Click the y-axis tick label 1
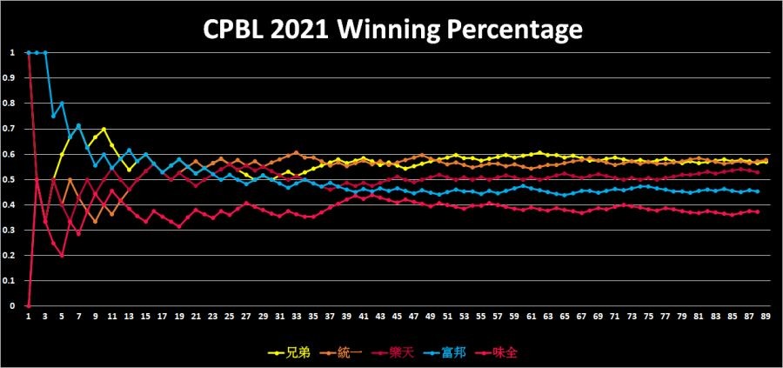tap(13, 52)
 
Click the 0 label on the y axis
tap(13, 306)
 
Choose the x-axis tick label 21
tap(197, 317)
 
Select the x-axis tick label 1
tap(29, 317)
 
